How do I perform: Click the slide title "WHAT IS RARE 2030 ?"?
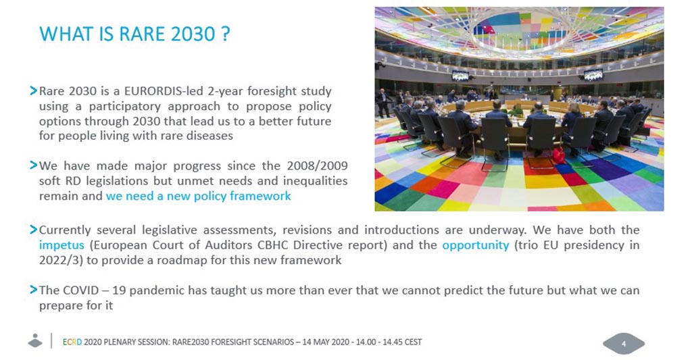tap(134, 34)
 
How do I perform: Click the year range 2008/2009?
tap(318, 166)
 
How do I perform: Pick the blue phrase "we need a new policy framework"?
tap(198, 196)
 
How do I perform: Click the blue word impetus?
tap(61, 245)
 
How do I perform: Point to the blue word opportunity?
tap(476, 245)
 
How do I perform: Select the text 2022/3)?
tap(60, 260)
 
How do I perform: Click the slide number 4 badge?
tap(624, 344)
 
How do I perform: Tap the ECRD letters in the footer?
tap(72, 342)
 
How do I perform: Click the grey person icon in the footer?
tap(35, 340)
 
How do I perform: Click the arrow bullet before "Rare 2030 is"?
tap(33, 91)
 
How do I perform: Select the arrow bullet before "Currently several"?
tap(33, 230)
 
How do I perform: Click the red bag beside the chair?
tap(558, 156)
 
